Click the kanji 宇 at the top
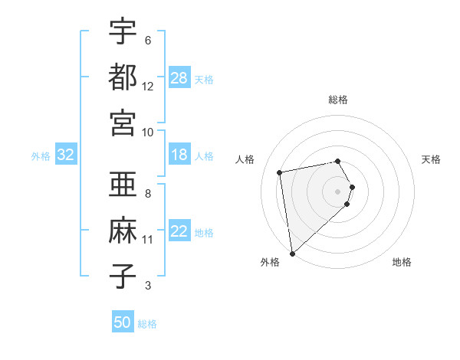pyautogui.click(x=123, y=32)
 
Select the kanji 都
pyautogui.click(x=123, y=77)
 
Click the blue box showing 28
pyautogui.click(x=179, y=78)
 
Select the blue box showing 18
pyautogui.click(x=179, y=155)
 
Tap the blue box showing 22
pyautogui.click(x=179, y=231)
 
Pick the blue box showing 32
pyautogui.click(x=65, y=155)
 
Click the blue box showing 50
pyautogui.click(x=123, y=322)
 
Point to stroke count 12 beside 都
pyautogui.click(x=148, y=87)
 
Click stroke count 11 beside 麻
pyautogui.click(x=148, y=240)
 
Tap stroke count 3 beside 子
pyautogui.click(x=148, y=286)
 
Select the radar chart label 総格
pyautogui.click(x=338, y=100)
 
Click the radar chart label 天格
pyautogui.click(x=431, y=159)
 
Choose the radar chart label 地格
pyautogui.click(x=402, y=262)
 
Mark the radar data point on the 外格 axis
pyautogui.click(x=292, y=253)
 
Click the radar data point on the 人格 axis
pyautogui.click(x=280, y=172)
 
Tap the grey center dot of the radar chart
pyautogui.click(x=338, y=191)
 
